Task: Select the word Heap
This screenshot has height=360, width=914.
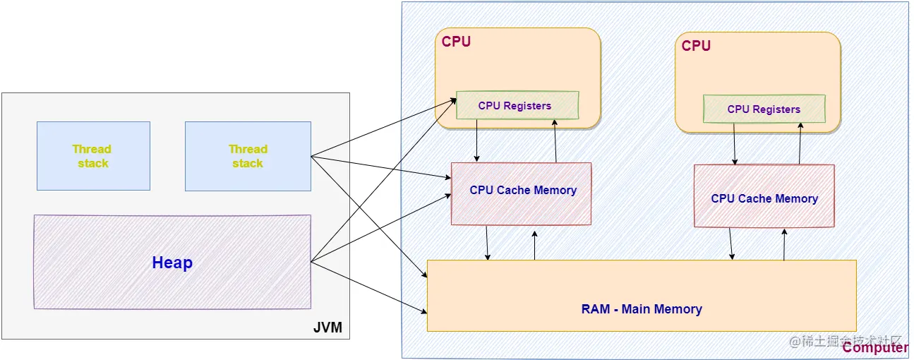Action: point(172,263)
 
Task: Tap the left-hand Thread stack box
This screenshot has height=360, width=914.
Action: point(93,156)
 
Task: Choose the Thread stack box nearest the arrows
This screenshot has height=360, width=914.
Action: point(248,156)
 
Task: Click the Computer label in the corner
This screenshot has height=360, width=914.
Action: point(875,347)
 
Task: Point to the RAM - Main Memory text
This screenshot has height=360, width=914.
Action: point(642,309)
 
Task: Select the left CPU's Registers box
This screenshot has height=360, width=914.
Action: point(517,106)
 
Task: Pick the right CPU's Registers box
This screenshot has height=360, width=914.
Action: point(764,109)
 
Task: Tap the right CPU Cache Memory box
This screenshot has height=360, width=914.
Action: point(764,198)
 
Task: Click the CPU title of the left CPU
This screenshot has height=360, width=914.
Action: point(456,42)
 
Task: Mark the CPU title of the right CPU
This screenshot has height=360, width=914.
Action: point(696,46)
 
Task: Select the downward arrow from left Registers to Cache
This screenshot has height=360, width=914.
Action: point(478,140)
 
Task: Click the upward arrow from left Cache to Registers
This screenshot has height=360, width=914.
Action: point(555,140)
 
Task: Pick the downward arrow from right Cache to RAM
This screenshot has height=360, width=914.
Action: point(730,244)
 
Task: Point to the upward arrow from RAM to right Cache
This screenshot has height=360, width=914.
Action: point(784,244)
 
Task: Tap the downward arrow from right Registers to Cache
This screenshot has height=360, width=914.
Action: point(735,144)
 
